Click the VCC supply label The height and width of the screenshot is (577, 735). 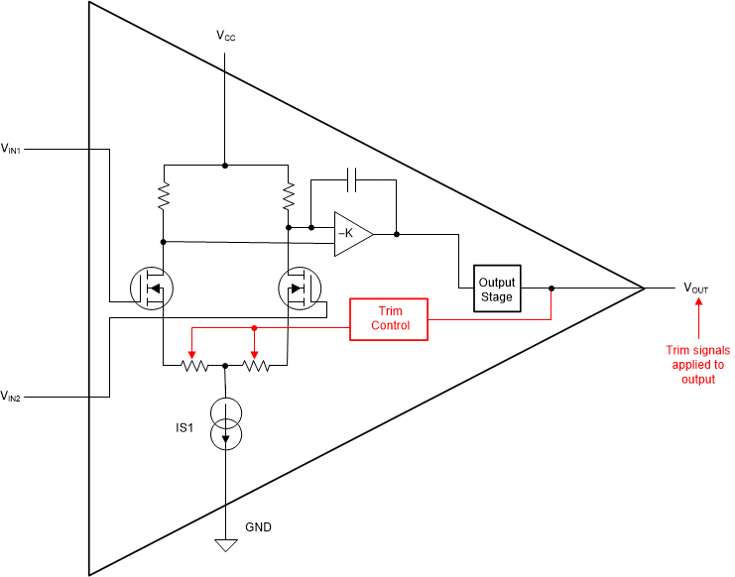225,36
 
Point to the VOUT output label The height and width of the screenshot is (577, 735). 696,288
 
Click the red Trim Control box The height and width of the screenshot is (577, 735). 389,318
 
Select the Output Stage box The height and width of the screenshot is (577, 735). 497,288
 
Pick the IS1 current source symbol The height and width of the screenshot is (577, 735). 226,407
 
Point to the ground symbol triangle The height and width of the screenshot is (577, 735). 226,544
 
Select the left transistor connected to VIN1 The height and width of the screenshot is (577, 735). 152,288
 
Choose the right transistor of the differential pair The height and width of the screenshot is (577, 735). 297,288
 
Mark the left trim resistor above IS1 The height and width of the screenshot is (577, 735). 193,365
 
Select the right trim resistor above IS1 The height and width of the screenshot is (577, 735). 256,365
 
